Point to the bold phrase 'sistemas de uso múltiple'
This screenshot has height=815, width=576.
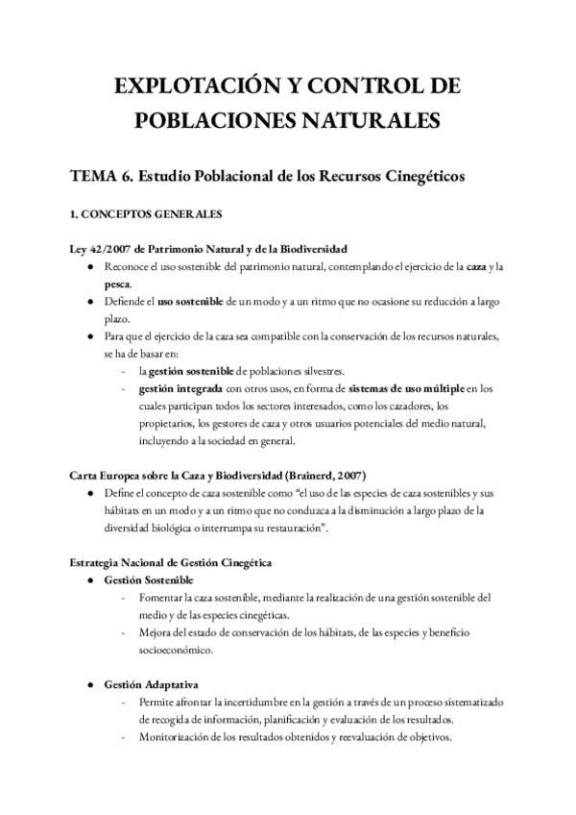[x=407, y=388]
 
